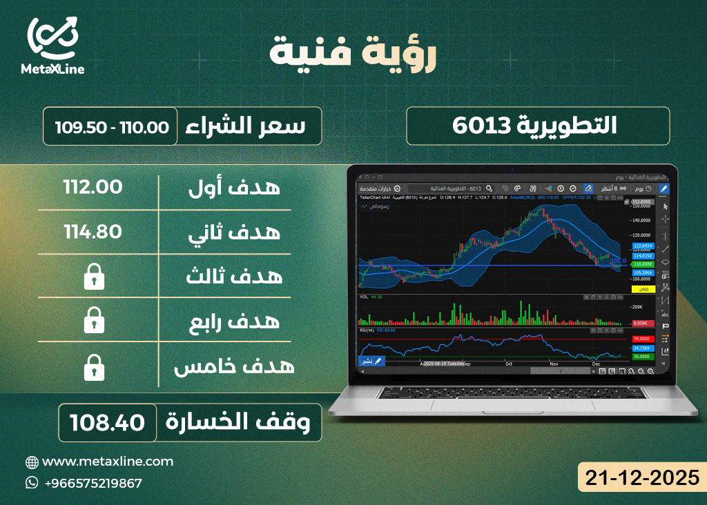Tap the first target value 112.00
click(x=93, y=187)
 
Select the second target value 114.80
click(x=93, y=232)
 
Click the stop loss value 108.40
click(x=110, y=422)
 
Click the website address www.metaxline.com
click(x=108, y=462)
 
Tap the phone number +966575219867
click(x=93, y=483)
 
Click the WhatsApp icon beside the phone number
click(x=32, y=483)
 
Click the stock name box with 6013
click(x=538, y=126)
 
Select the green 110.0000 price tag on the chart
click(x=643, y=264)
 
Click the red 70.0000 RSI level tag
click(x=643, y=339)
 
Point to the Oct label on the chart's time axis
click(x=509, y=364)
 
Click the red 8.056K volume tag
click(x=643, y=323)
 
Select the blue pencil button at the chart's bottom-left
click(x=371, y=361)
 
